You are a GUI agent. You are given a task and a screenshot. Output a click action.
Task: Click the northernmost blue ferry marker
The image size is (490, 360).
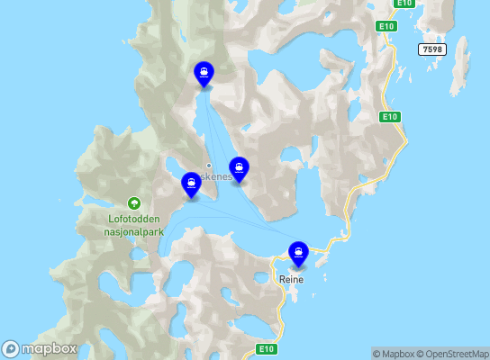click(x=204, y=74)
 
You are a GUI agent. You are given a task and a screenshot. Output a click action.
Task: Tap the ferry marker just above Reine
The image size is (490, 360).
click(x=298, y=254)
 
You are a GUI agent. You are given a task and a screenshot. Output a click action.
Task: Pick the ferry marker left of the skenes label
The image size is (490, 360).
click(x=191, y=184)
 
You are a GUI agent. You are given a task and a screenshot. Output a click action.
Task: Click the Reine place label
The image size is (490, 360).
click(x=292, y=280)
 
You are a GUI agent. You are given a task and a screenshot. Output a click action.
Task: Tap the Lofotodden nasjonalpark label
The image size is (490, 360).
click(x=134, y=224)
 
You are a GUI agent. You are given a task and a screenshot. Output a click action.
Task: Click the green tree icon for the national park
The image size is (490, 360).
click(x=134, y=203)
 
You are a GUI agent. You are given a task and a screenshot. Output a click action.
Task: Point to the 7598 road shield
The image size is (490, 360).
click(x=432, y=50)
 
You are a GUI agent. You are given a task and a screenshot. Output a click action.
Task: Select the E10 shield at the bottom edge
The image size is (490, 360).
click(x=266, y=348)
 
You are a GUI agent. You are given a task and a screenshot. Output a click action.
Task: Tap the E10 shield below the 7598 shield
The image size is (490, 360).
click(x=389, y=117)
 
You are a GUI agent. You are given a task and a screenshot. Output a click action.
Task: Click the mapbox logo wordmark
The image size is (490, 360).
click(x=50, y=349)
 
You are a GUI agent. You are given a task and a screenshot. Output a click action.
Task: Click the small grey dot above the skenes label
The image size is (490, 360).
click(x=209, y=165)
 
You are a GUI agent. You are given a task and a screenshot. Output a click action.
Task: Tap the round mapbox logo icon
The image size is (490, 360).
click(x=11, y=349)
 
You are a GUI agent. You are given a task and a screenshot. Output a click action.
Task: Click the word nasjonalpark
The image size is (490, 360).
click(x=134, y=230)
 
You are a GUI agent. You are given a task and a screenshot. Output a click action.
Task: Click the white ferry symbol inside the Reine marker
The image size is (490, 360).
click(x=298, y=251)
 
